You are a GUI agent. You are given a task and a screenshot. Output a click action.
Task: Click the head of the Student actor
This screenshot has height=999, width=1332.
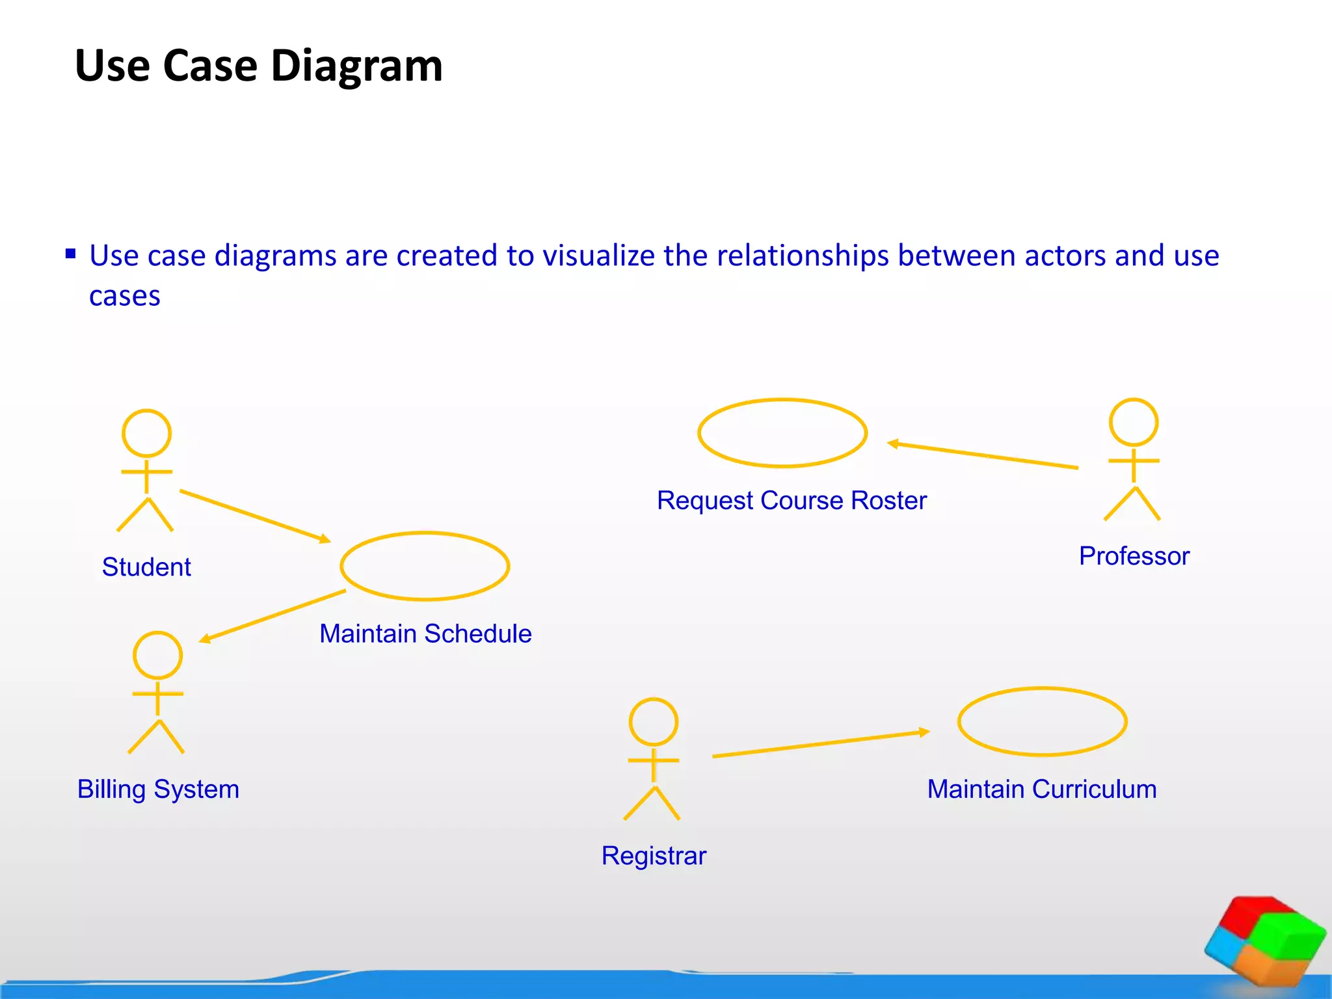click(x=146, y=433)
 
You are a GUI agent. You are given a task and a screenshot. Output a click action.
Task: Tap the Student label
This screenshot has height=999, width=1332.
click(x=146, y=567)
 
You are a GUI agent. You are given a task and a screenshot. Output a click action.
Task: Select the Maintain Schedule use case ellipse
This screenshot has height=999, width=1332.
click(x=425, y=566)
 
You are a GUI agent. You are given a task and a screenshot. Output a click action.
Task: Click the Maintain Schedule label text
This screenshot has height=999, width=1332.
click(x=425, y=633)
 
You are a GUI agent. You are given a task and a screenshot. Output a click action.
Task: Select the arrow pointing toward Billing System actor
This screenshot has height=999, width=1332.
click(x=273, y=615)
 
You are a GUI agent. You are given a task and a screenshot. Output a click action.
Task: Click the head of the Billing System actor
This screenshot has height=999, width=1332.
click(x=157, y=655)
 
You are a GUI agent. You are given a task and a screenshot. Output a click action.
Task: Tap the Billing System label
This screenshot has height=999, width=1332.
click(x=158, y=789)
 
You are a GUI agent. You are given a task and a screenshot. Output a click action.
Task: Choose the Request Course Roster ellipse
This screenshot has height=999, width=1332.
click(x=782, y=433)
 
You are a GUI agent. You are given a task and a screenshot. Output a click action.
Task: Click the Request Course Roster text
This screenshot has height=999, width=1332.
click(x=792, y=500)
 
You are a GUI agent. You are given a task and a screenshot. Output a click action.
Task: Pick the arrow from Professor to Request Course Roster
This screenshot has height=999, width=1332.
click(x=982, y=455)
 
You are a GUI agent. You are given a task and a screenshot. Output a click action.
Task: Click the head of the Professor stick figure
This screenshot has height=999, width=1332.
click(x=1134, y=422)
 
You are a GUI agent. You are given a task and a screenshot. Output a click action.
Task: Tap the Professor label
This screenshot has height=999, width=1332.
click(x=1134, y=556)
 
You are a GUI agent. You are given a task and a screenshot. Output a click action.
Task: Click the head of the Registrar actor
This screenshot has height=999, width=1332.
click(x=654, y=722)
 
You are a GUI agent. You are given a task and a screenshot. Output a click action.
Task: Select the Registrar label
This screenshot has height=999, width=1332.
click(x=654, y=856)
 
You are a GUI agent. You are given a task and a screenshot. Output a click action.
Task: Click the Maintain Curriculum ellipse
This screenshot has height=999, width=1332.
click(x=1042, y=722)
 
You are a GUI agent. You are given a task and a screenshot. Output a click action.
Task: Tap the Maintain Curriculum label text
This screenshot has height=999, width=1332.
click(x=1042, y=789)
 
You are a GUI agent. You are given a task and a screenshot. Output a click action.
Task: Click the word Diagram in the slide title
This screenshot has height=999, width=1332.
click(x=356, y=66)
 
